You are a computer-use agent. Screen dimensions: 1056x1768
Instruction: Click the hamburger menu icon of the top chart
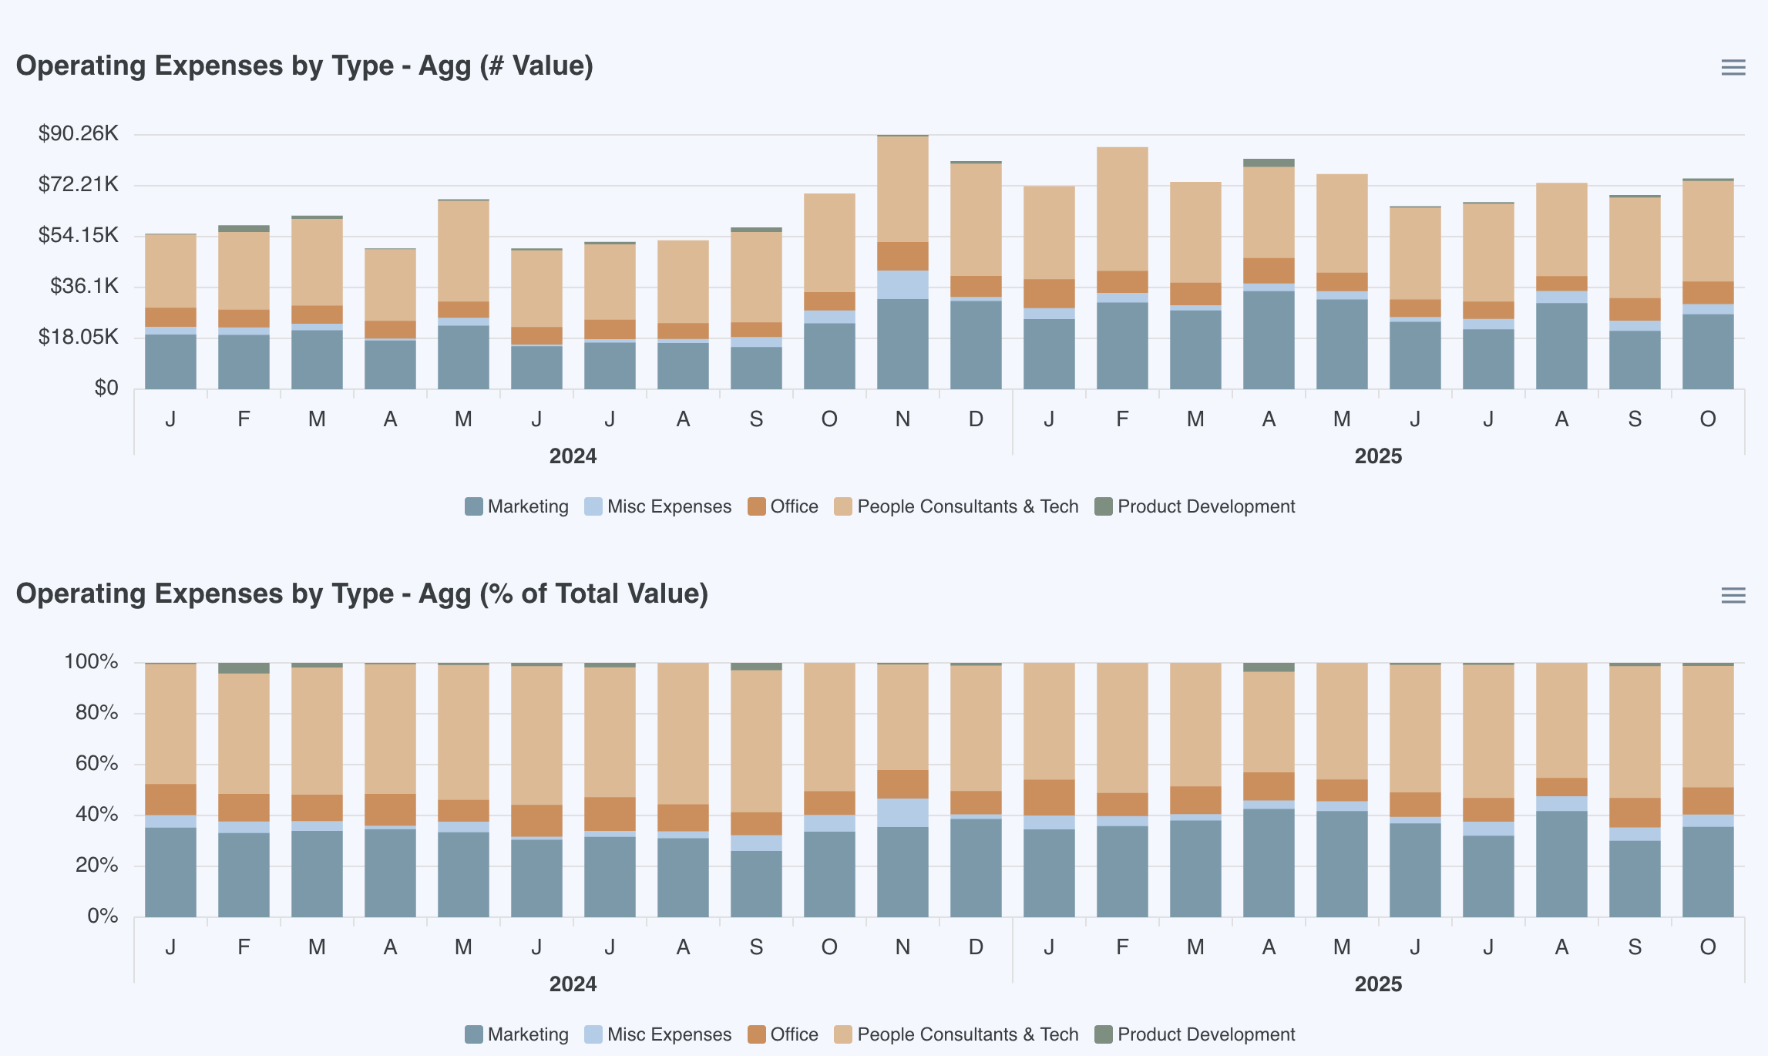[x=1733, y=68]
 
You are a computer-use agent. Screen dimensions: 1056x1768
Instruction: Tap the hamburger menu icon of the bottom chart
[x=1733, y=596]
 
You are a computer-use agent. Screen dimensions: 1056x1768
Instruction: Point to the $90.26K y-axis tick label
[x=79, y=133]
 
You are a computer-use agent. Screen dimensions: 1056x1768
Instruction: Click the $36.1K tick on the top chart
[x=84, y=286]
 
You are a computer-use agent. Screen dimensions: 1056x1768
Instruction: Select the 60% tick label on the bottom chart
[x=96, y=763]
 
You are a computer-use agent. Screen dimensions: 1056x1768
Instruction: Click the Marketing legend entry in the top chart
[x=517, y=506]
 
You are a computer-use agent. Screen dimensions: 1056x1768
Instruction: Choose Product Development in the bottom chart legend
[x=1195, y=1034]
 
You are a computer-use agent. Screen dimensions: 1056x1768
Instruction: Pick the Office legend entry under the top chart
[x=783, y=506]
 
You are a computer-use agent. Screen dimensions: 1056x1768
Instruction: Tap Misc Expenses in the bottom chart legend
[x=658, y=1034]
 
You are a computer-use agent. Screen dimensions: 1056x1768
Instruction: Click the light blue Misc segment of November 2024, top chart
[x=902, y=284]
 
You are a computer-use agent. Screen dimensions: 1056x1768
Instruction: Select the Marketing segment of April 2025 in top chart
[x=1269, y=339]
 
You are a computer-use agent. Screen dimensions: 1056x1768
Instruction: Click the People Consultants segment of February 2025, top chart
[x=1122, y=208]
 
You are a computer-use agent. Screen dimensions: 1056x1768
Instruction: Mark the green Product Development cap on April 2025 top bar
[x=1269, y=163]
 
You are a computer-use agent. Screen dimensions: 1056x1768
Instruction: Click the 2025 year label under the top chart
[x=1378, y=456]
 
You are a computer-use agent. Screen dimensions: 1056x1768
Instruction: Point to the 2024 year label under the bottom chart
[x=573, y=984]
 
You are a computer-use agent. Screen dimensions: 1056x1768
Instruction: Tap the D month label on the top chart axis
[x=976, y=419]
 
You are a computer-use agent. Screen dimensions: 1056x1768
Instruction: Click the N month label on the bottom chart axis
[x=902, y=947]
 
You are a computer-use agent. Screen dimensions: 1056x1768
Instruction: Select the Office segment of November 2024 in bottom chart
[x=902, y=784]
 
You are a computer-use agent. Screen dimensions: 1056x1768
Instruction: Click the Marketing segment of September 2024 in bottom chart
[x=756, y=883]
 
